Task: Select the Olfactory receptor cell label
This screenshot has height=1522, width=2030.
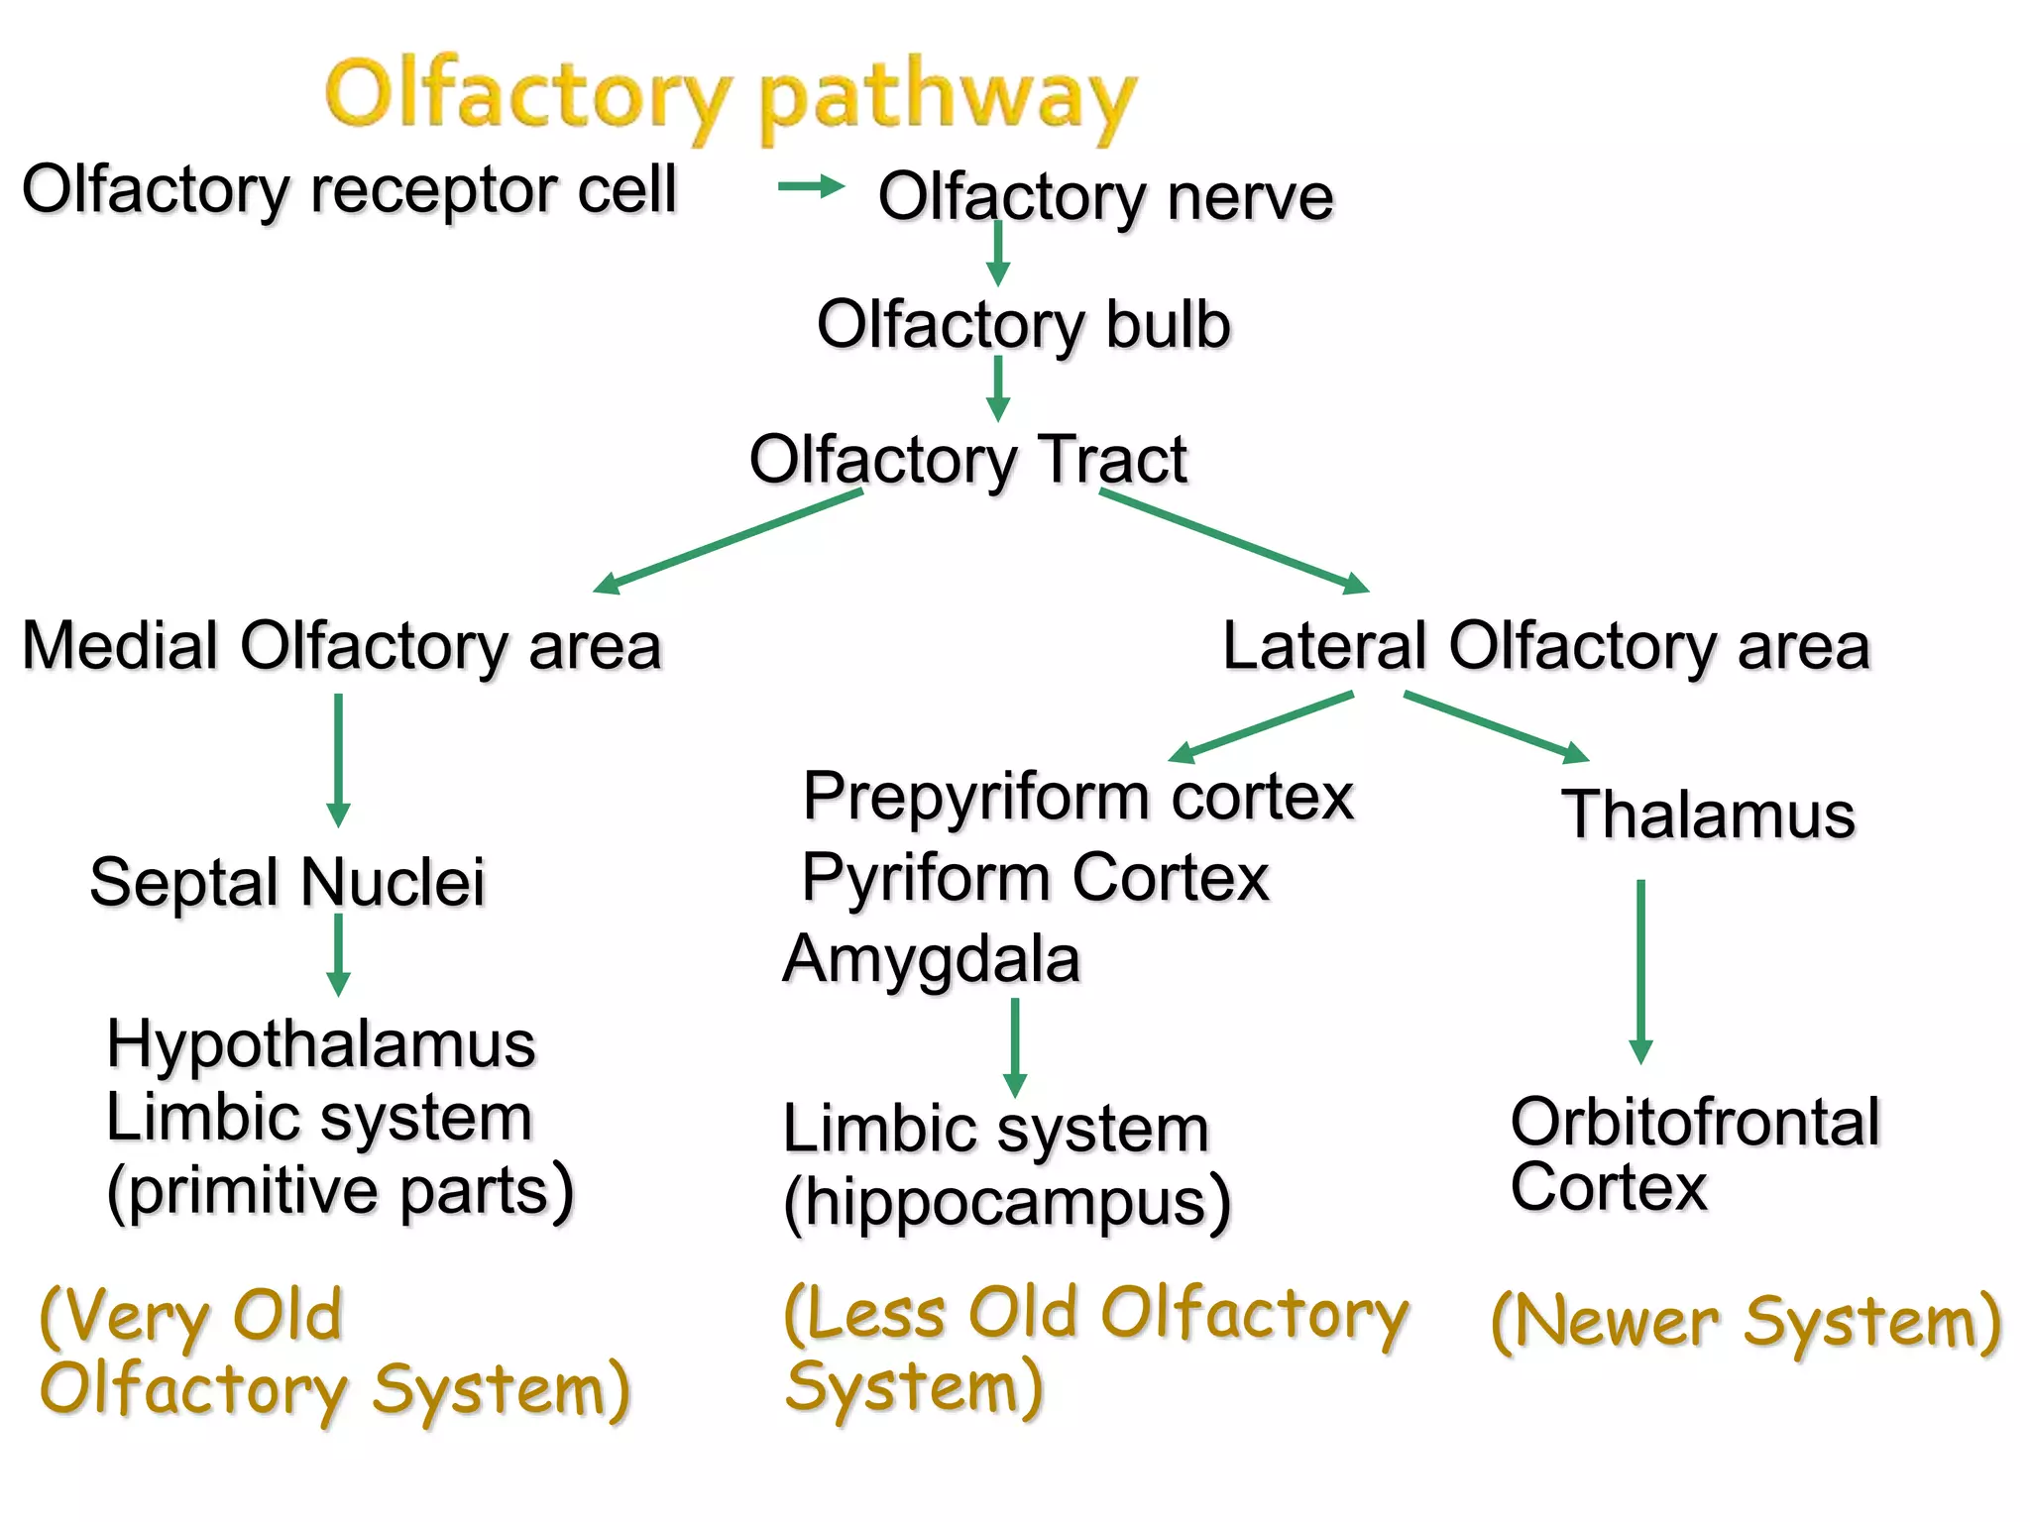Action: pyautogui.click(x=349, y=190)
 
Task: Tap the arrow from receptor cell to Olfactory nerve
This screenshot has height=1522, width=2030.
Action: pyautogui.click(x=811, y=186)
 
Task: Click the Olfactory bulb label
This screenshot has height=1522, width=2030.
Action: pyautogui.click(x=1023, y=325)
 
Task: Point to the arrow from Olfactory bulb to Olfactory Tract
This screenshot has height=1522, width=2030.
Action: pyautogui.click(x=998, y=387)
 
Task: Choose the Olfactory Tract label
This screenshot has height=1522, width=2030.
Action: pyautogui.click(x=967, y=460)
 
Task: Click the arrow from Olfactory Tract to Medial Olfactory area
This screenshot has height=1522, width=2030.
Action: pyautogui.click(x=729, y=541)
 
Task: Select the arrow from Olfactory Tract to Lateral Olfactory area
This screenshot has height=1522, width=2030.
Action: pyautogui.click(x=1234, y=541)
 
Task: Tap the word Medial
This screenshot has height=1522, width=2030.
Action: pyautogui.click(x=120, y=646)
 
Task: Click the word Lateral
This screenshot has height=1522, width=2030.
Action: pyautogui.click(x=1324, y=646)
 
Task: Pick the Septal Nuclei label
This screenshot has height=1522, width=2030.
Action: pyautogui.click(x=287, y=882)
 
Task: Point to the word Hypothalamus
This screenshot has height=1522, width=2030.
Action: pyautogui.click(x=321, y=1044)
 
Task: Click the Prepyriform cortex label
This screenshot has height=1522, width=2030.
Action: pyautogui.click(x=1077, y=797)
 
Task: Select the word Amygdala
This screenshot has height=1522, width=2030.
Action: pyautogui.click(x=931, y=959)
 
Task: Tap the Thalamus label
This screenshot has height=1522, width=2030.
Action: pyautogui.click(x=1708, y=815)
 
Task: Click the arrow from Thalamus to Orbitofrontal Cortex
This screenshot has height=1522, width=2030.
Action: pyautogui.click(x=1640, y=971)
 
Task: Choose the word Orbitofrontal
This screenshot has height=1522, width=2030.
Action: pyautogui.click(x=1695, y=1123)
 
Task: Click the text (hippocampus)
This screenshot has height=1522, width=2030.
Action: pyautogui.click(x=1006, y=1203)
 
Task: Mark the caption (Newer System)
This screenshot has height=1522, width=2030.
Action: pyautogui.click(x=1746, y=1322)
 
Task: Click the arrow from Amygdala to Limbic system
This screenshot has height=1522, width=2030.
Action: pyautogui.click(x=1015, y=1046)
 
